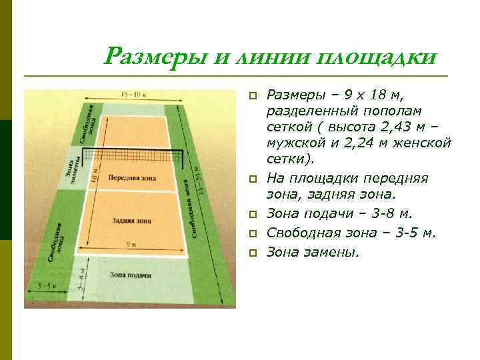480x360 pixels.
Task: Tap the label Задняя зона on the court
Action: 132,220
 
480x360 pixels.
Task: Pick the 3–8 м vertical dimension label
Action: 80,285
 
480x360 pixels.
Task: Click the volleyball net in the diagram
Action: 137,155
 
